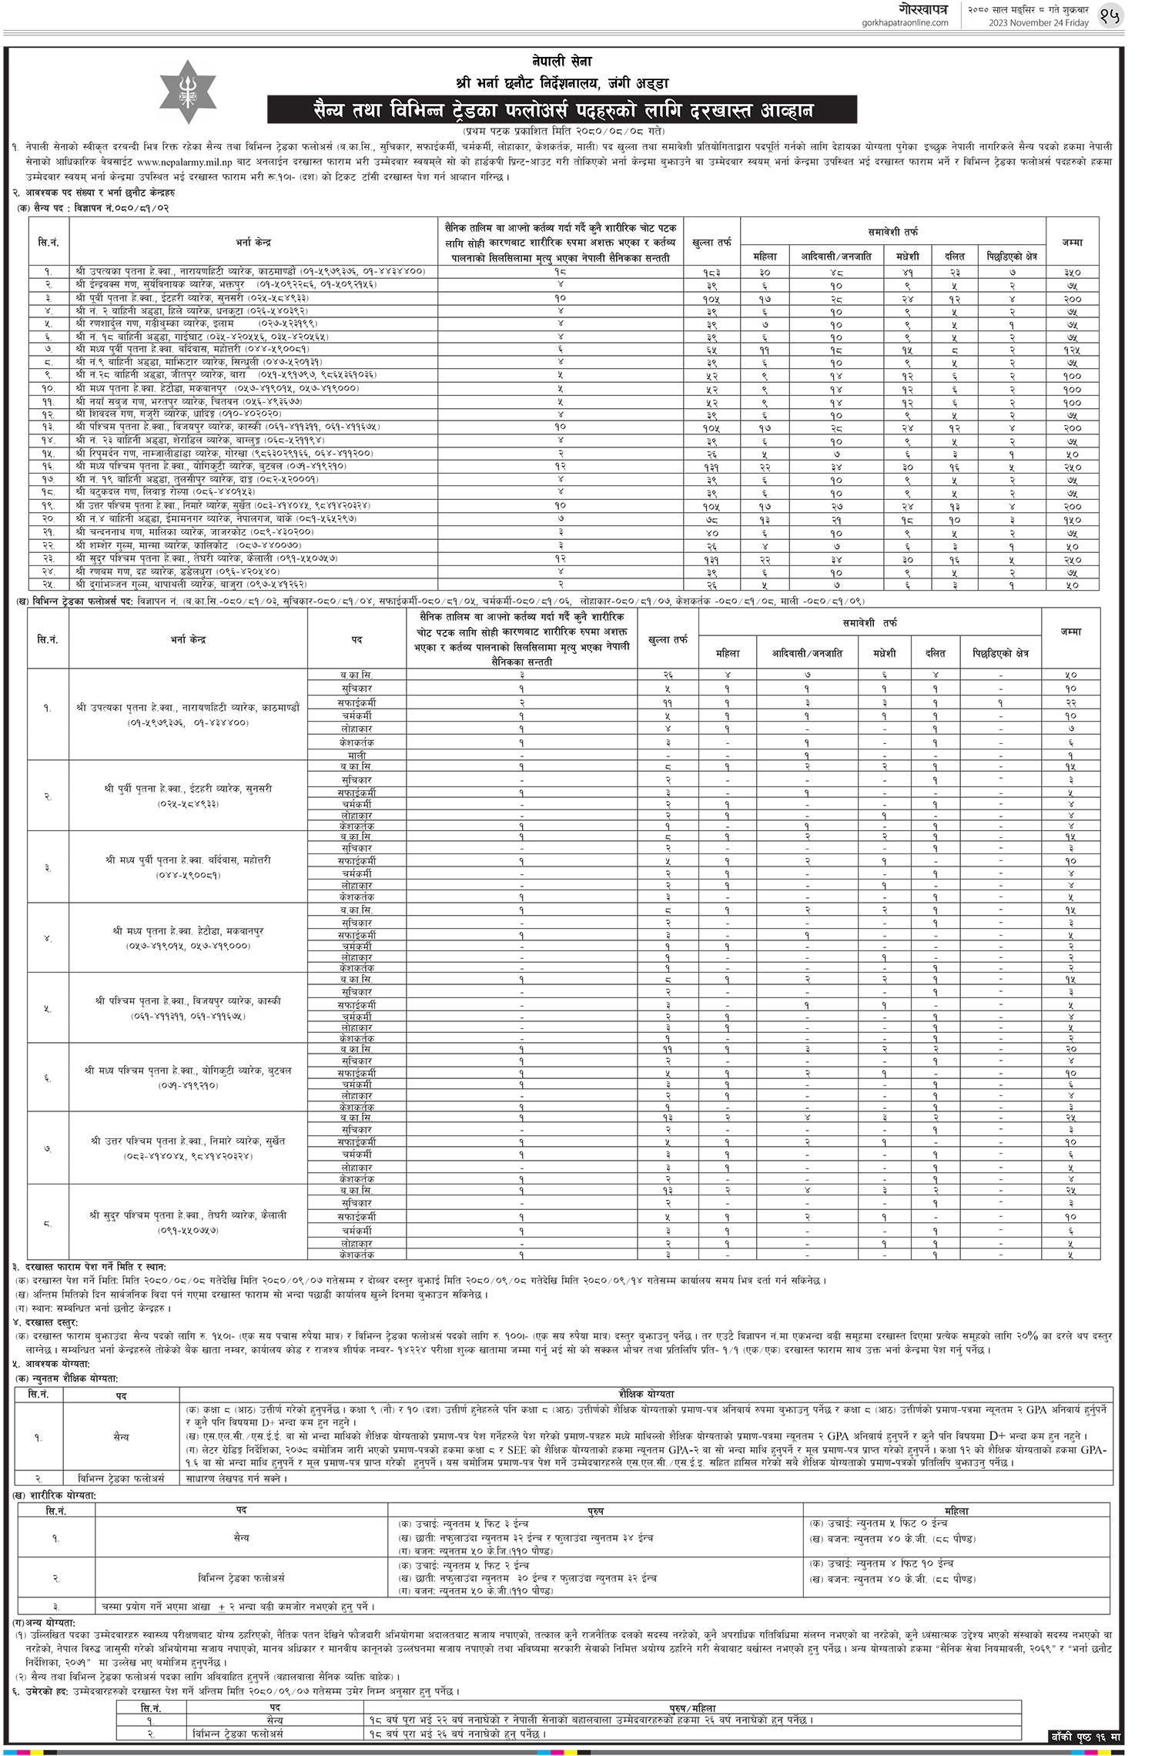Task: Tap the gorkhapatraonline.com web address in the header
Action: click(x=906, y=23)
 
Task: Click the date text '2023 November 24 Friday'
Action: click(x=1039, y=23)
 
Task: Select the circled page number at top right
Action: click(x=1110, y=15)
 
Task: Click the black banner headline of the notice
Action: click(x=562, y=110)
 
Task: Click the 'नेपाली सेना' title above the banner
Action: click(x=562, y=62)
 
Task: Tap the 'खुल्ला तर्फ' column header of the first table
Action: click(x=712, y=243)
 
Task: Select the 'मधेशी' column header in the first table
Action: click(x=907, y=256)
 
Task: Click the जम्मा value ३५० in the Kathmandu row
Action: click(x=1072, y=272)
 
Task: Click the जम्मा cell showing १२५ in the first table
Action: click(x=1072, y=350)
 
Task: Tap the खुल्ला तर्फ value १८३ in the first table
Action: click(x=711, y=272)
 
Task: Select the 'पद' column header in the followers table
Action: click(x=357, y=639)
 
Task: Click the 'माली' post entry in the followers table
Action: click(x=357, y=756)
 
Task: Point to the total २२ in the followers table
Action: click(x=1070, y=702)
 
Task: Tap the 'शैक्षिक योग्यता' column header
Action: click(x=646, y=1394)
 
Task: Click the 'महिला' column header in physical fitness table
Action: click(x=957, y=1511)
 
